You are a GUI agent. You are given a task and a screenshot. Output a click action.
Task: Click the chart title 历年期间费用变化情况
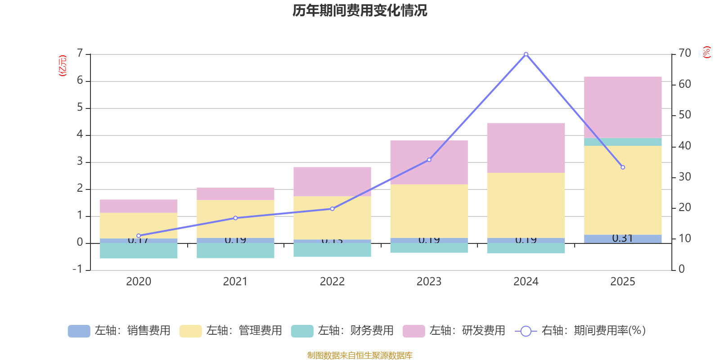[x=360, y=11]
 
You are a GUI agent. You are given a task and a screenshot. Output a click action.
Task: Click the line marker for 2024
[x=526, y=54]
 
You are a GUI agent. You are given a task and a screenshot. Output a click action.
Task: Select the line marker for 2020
[x=139, y=236]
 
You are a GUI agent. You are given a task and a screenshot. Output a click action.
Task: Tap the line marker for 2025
[x=623, y=167]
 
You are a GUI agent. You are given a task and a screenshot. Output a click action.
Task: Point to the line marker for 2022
[x=332, y=209]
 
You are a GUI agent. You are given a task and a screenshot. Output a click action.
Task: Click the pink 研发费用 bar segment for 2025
[x=623, y=107]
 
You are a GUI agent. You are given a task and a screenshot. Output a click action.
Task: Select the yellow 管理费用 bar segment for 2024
[x=526, y=205]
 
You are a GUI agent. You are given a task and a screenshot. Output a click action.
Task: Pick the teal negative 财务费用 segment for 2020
[x=139, y=251]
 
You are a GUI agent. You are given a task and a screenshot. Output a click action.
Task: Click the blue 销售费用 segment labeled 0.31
[x=623, y=238]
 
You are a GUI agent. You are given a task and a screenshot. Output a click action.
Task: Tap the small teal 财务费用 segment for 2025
[x=623, y=142]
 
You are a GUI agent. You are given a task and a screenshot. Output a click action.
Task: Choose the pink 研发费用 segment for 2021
[x=235, y=193]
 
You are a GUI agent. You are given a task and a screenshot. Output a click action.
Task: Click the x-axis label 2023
[x=429, y=282]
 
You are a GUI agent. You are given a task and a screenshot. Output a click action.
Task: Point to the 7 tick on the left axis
[x=80, y=54]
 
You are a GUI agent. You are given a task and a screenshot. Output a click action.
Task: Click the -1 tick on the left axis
[x=78, y=269]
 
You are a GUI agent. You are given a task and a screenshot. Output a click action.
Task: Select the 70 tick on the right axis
[x=684, y=53]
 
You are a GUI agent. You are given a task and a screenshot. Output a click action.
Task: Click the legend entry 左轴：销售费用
[x=119, y=331]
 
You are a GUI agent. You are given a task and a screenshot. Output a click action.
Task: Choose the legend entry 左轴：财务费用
[x=342, y=331]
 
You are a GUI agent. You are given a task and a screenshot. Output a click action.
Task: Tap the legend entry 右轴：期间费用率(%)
[x=580, y=331]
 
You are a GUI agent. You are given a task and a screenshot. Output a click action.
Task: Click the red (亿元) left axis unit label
[x=63, y=66]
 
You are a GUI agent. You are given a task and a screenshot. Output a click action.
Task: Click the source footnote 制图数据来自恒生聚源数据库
[x=360, y=355]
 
